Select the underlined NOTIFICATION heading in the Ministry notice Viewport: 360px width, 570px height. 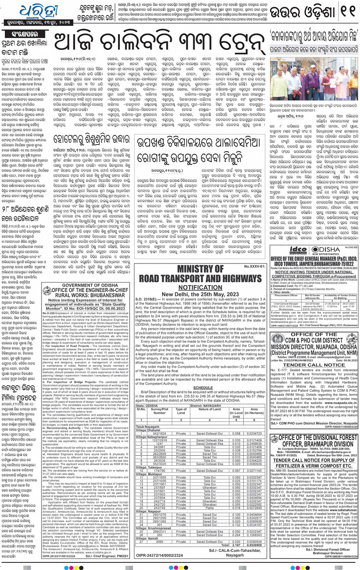(200, 287)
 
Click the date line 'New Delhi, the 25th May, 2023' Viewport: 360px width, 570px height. (200, 294)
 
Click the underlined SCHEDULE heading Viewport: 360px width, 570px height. (203, 388)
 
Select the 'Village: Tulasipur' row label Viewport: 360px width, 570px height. (149, 467)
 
